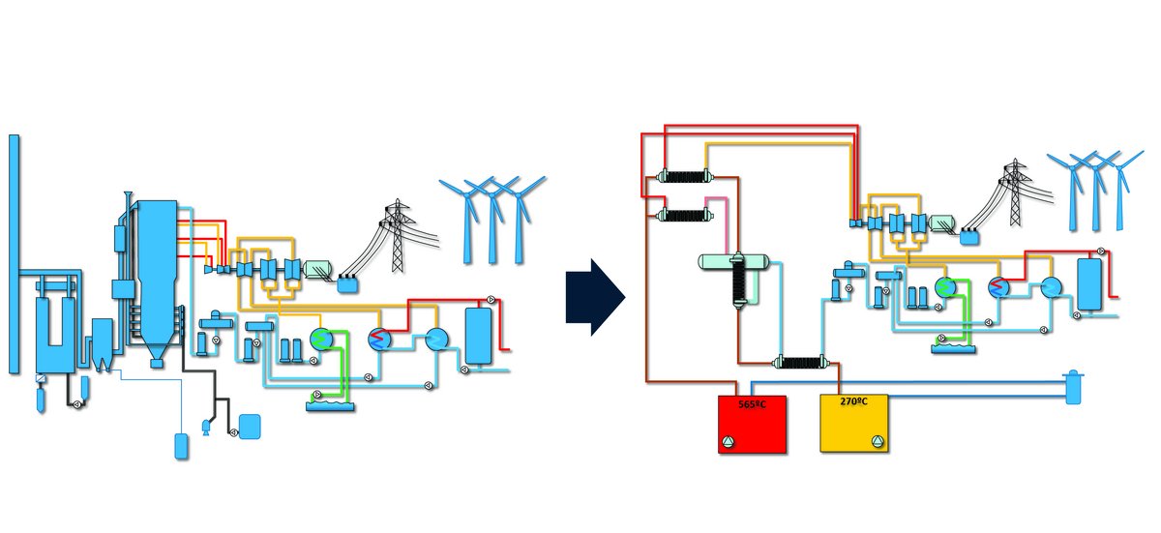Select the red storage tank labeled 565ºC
point(752,423)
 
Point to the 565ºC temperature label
point(752,403)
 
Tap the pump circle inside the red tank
point(728,442)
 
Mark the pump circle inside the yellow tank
point(877,442)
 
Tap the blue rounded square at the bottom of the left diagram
point(250,426)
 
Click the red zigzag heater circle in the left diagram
point(378,339)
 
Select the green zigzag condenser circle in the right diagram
point(944,288)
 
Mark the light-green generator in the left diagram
point(317,270)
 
